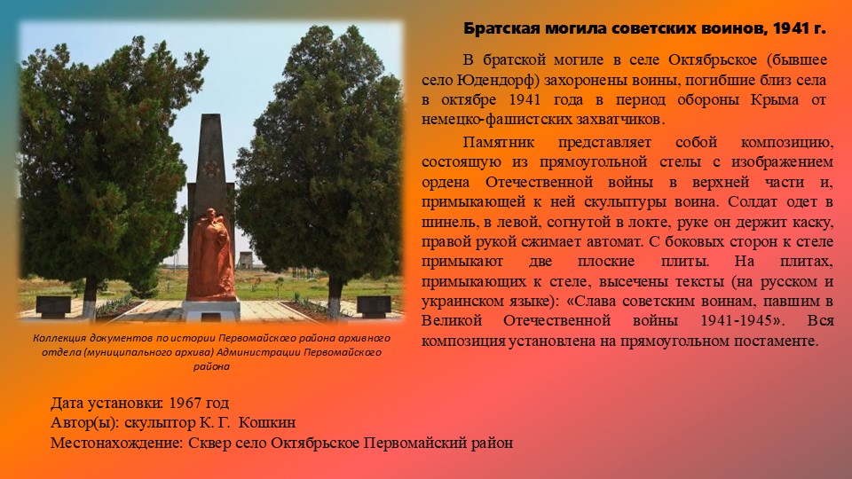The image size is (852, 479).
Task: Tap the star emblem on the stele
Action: coord(211,168)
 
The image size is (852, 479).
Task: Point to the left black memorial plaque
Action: coord(53,307)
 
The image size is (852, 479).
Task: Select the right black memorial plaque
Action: coord(374,307)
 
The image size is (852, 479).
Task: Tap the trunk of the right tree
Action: coord(335,297)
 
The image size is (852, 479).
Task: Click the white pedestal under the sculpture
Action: coord(211,310)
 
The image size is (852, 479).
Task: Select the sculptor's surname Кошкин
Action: coord(267,422)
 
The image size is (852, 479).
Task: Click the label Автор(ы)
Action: coord(84,422)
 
